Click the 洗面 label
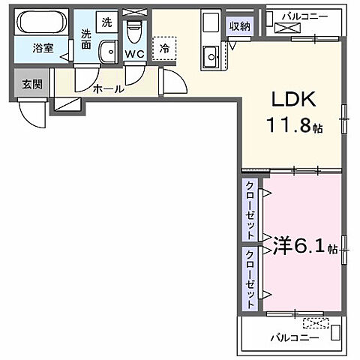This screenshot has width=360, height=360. coord(87,39)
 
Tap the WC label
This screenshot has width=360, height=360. coord(135,54)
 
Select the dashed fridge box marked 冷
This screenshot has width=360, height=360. coord(164,48)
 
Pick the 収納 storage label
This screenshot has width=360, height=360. coord(241,28)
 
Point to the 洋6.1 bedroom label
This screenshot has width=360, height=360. coord(295,245)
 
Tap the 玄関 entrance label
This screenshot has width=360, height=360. coord(31,83)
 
